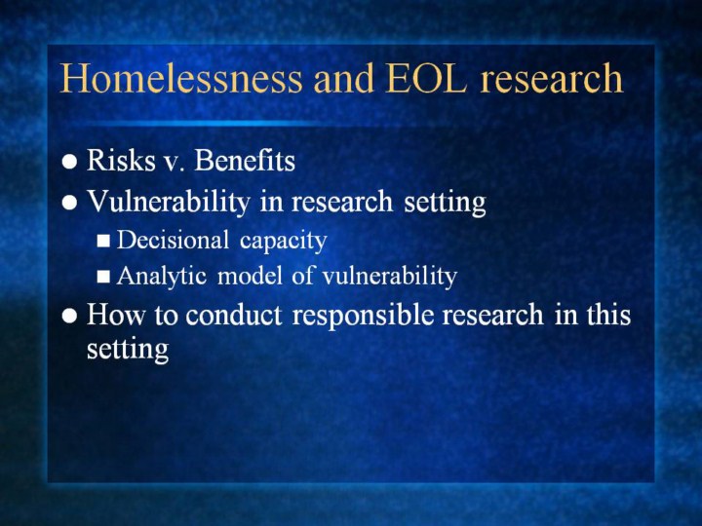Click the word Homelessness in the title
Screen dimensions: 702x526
[181, 78]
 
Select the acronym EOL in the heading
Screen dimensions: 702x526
[426, 78]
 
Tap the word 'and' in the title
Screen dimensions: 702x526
[343, 78]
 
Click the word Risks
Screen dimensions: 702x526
[121, 160]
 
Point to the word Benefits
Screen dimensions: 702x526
[245, 160]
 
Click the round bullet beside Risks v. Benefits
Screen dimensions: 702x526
[69, 162]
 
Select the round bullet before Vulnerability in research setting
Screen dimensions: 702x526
[69, 203]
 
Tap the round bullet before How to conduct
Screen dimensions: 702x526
[69, 316]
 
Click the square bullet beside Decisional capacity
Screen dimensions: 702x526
[103, 242]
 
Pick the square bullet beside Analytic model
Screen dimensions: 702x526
[103, 277]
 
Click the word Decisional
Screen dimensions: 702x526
[173, 240]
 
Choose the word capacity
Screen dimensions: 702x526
[284, 242]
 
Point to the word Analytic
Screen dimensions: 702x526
[162, 277]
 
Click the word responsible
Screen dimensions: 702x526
[363, 315]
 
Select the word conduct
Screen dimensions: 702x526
[233, 315]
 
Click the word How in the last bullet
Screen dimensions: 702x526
[115, 314]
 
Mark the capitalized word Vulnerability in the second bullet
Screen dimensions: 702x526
[168, 202]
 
